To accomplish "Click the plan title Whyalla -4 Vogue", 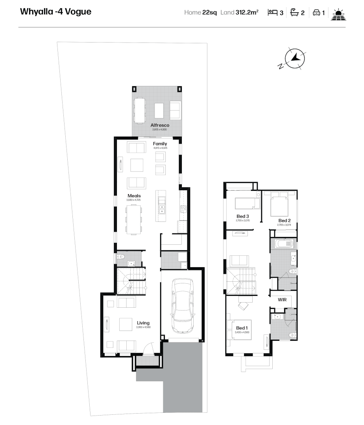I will (55, 12).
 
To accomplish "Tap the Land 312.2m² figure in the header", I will (239, 13).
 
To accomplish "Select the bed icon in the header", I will (272, 12).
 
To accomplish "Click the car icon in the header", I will (316, 13).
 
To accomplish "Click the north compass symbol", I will (294, 59).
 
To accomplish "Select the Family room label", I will (160, 144).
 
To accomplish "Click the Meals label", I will (134, 196).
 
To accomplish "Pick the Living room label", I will (143, 323).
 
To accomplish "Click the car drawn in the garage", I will (183, 305).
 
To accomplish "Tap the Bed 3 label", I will (242, 216).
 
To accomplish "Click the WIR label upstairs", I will (282, 300).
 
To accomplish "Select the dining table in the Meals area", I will (134, 218).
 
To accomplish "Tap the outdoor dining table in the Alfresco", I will (139, 110).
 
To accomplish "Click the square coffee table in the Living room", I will (126, 324).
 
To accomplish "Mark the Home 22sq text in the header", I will (201, 13).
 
